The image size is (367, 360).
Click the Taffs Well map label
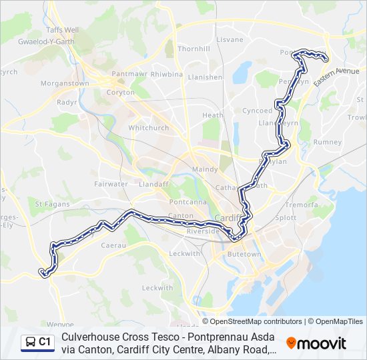62,30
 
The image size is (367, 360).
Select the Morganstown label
65,83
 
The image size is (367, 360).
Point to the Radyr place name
67,103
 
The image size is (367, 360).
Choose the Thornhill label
194,49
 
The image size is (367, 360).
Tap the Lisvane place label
230,40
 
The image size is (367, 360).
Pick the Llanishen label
205,77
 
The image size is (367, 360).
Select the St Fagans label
48,203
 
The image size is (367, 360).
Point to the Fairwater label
111,183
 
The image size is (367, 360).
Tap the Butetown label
244,254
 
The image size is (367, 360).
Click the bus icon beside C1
30,342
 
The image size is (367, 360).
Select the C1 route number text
45,342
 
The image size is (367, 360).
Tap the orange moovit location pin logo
291,343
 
